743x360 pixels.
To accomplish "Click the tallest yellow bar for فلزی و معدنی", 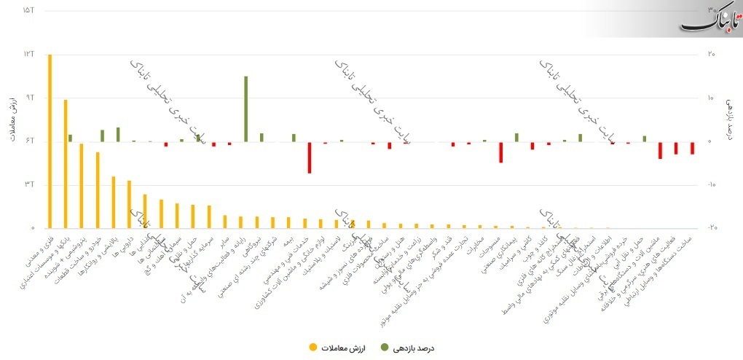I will point(50,141).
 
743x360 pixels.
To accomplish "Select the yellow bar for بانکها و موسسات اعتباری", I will point(66,164).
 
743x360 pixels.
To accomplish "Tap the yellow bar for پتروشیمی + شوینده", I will point(82,186).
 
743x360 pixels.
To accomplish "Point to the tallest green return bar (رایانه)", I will point(246,109).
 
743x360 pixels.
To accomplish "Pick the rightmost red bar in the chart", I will point(692,148).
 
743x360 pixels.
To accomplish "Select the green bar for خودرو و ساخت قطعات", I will point(103,136).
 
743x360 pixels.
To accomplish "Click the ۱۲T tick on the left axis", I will point(28,54).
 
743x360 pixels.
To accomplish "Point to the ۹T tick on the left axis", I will point(28,98).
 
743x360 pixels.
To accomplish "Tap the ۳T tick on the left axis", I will point(28,184).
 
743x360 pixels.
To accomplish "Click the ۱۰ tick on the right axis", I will point(711,98).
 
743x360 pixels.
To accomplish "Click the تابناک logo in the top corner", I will point(710,18).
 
